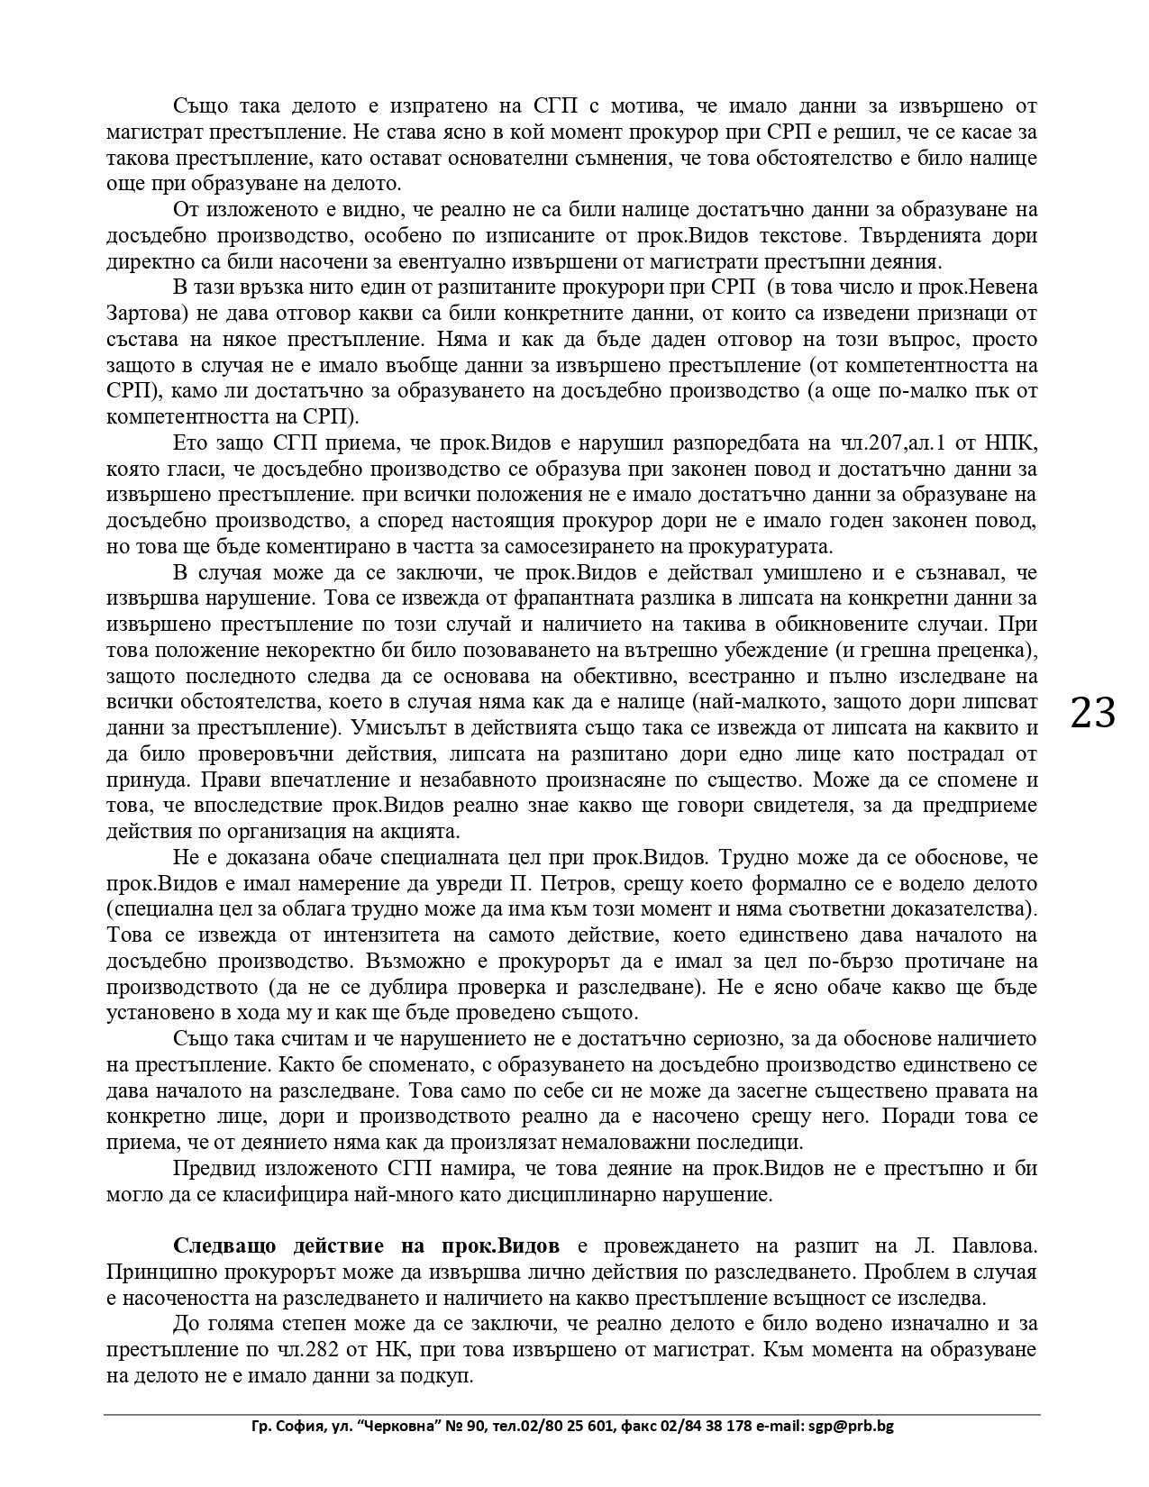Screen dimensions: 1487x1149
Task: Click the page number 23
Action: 1093,713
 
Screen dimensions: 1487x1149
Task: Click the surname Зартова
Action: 145,314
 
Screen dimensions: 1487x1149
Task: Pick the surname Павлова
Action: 995,1246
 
